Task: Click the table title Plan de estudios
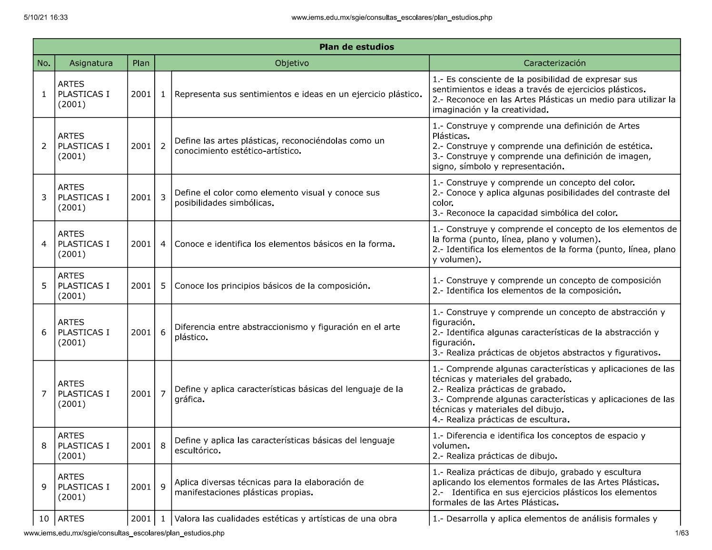click(356, 47)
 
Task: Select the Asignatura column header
click(91, 63)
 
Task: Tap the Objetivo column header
click(292, 63)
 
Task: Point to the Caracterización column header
click(554, 63)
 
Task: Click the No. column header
click(44, 63)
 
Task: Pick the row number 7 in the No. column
click(44, 393)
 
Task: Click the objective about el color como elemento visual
click(277, 197)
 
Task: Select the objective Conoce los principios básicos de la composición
click(272, 285)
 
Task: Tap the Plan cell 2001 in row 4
click(141, 244)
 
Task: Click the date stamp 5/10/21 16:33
click(45, 18)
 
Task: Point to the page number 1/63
click(682, 533)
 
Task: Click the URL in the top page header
click(391, 18)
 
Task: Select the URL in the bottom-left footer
click(124, 533)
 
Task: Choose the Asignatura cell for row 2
click(84, 146)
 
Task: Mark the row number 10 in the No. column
click(44, 519)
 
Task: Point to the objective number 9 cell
click(163, 487)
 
